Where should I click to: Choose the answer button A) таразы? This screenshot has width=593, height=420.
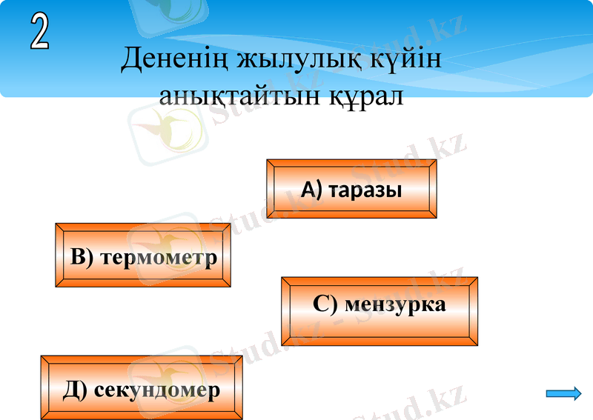351,189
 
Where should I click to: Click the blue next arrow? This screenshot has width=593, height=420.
563,393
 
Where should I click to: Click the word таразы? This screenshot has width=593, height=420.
365,190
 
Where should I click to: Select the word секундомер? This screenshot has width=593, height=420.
157,390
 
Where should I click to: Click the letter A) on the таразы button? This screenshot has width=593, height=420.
312,190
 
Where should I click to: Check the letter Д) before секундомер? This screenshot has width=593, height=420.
76,390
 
